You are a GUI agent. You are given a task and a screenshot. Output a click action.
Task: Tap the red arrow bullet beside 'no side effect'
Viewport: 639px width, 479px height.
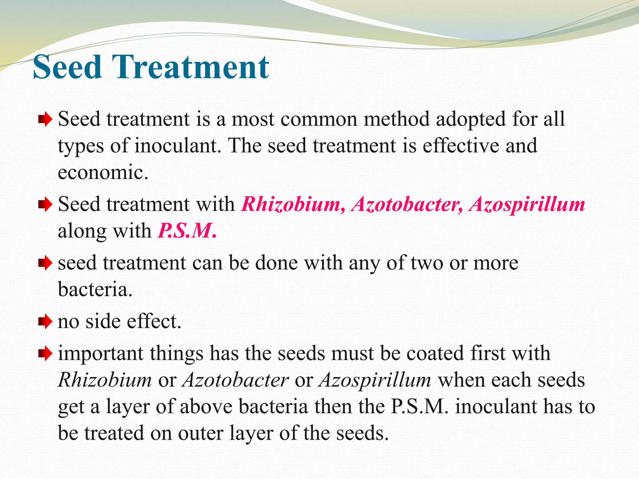click(45, 321)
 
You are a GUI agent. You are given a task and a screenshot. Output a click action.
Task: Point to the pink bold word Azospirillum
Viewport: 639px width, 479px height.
click(527, 204)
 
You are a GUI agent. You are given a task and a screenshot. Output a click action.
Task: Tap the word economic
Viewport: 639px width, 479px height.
click(103, 172)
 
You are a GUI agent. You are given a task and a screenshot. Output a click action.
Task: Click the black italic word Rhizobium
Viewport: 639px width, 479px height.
click(105, 380)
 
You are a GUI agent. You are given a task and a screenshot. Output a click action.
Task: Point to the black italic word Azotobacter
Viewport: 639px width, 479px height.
click(236, 380)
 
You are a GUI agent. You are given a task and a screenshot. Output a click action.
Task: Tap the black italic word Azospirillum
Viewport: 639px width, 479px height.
click(375, 380)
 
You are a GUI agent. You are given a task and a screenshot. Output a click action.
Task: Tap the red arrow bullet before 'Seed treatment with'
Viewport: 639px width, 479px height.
click(45, 205)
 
